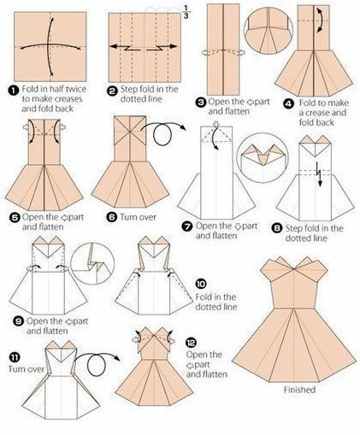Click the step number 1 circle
[13, 91]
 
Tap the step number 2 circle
[112, 91]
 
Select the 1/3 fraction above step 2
[186, 12]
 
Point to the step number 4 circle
[289, 104]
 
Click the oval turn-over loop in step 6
[162, 134]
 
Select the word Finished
[299, 390]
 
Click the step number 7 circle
[187, 227]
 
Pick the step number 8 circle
[276, 228]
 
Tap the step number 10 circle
[201, 284]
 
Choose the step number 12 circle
[191, 342]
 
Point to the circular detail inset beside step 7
[259, 157]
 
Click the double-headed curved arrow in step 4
[322, 20]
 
